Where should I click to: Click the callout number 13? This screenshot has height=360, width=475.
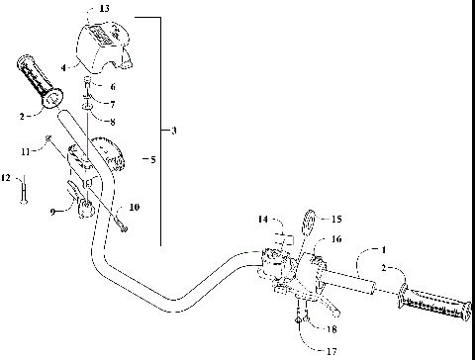[x=92, y=8]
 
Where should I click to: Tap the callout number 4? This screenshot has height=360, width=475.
[x=63, y=67]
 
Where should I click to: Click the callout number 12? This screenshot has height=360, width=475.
[x=6, y=178]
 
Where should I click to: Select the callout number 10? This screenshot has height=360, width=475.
[x=136, y=207]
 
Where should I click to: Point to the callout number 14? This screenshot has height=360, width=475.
[x=263, y=219]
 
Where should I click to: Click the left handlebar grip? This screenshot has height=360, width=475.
[x=38, y=86]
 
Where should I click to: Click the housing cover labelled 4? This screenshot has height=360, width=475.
[x=104, y=45]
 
